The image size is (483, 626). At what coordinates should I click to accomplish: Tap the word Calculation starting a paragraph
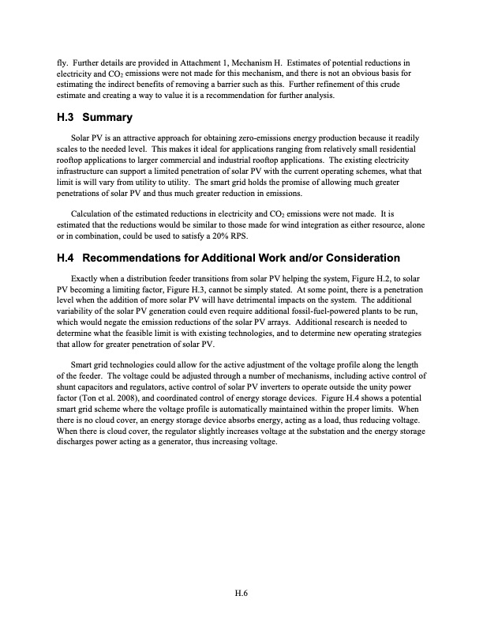point(93,214)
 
